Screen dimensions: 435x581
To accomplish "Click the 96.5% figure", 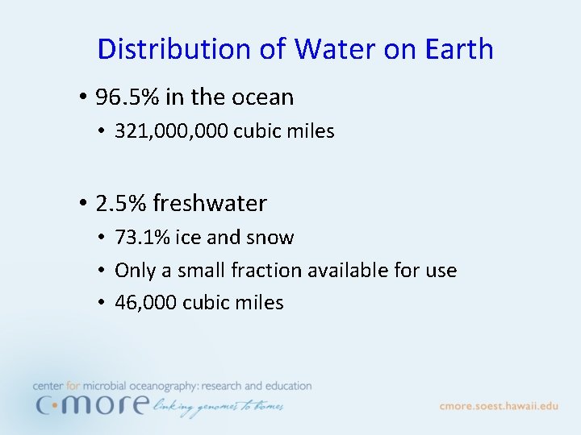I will [x=127, y=97].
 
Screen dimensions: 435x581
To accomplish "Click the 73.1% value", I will [x=141, y=238].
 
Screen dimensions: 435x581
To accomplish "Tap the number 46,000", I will [x=146, y=303].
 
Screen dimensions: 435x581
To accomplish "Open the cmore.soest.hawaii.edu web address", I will [x=499, y=406].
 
